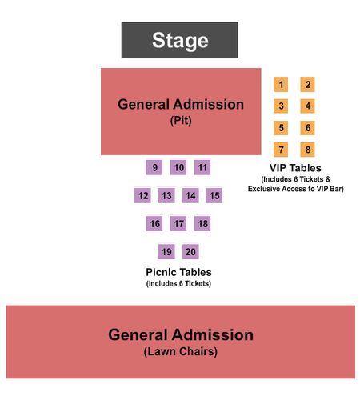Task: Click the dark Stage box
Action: (179, 40)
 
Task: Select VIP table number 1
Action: (281, 85)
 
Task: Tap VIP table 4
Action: (307, 106)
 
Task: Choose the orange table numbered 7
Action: (281, 150)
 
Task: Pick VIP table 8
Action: (307, 150)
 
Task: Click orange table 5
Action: (281, 128)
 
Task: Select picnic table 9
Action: (154, 167)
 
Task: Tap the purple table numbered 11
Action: (202, 167)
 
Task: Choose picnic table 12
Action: (142, 195)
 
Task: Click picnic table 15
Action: (214, 195)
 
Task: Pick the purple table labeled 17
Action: (178, 223)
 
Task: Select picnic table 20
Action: (190, 251)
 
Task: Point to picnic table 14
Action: (190, 195)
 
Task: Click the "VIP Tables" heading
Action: (295, 168)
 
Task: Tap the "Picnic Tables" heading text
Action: (178, 272)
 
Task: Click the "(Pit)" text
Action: (181, 121)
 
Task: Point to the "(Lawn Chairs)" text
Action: (181, 351)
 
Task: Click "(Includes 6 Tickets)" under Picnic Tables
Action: (178, 283)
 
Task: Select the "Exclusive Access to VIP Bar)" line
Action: (296, 189)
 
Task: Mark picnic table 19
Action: (166, 251)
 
